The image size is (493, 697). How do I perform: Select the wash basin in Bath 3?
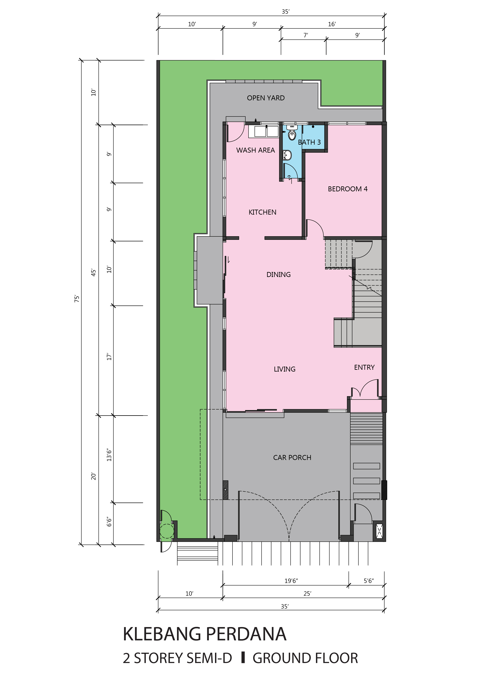tap(287, 155)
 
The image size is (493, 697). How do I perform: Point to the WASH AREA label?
tap(255, 150)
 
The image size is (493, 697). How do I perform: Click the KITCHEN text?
tap(262, 212)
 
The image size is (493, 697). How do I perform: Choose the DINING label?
tap(278, 274)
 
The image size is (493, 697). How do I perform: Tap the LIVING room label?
tap(284, 369)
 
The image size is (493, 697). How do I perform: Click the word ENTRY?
tap(364, 367)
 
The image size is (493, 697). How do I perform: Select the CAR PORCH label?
tap(292, 458)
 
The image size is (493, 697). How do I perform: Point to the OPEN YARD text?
tap(266, 98)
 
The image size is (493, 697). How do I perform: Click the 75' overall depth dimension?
tap(77, 298)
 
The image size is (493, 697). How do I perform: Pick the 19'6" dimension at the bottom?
tap(291, 581)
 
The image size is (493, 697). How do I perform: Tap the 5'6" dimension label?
tap(369, 581)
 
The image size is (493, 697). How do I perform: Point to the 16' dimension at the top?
tap(332, 24)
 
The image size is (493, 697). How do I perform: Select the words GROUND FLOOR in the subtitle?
tap(305, 658)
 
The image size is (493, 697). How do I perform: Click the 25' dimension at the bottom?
tap(307, 593)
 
